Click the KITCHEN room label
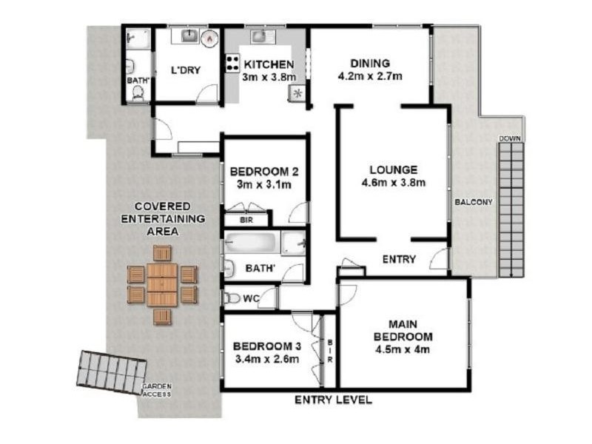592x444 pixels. [x=269, y=64]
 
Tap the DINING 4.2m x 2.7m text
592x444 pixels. [x=369, y=70]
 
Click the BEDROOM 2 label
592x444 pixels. [x=264, y=177]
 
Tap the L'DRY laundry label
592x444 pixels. [x=186, y=70]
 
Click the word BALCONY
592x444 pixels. [x=474, y=201]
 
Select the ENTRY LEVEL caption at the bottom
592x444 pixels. [x=333, y=400]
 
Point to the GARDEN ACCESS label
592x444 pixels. [x=158, y=391]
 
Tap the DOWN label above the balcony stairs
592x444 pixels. [x=510, y=138]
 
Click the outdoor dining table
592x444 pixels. [x=162, y=285]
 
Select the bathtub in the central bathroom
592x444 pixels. [x=252, y=243]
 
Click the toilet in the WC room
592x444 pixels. [x=232, y=298]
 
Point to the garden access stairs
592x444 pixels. [x=112, y=371]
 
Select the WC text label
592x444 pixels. [x=251, y=299]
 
